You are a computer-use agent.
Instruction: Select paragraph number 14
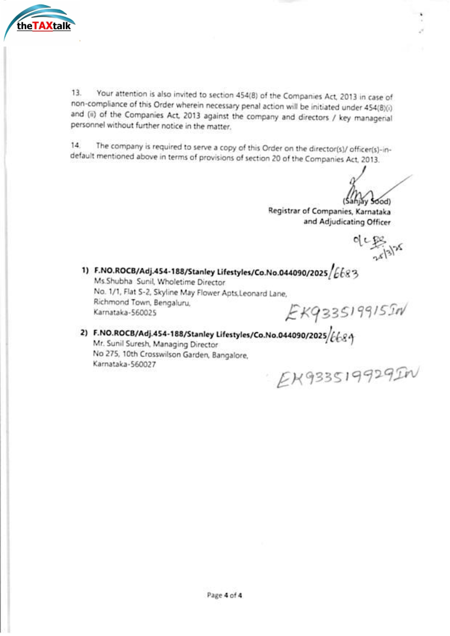75,145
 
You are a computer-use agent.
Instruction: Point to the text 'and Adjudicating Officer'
347,222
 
